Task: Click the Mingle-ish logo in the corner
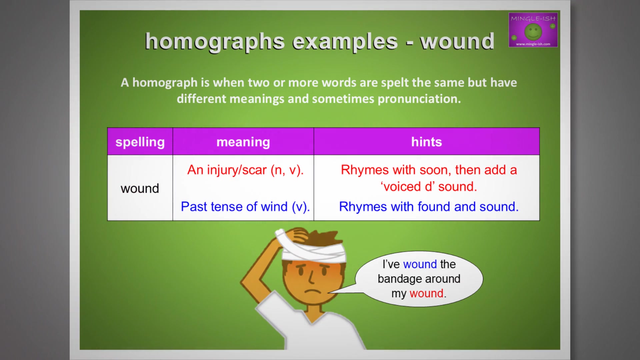coord(533,30)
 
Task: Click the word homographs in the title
coord(215,42)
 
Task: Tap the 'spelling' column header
coord(140,142)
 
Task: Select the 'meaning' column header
coord(243,142)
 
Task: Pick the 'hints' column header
coord(426,142)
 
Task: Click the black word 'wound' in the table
coord(140,189)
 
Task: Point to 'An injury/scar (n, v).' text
coord(245,170)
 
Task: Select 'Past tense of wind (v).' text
coord(245,207)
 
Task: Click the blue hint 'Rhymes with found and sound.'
coord(429,207)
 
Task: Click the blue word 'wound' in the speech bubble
coord(420,264)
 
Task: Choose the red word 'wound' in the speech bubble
coord(426,294)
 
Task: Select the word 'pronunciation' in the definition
coord(419,99)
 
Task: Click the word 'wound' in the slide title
coord(457,42)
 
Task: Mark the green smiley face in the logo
coord(533,32)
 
